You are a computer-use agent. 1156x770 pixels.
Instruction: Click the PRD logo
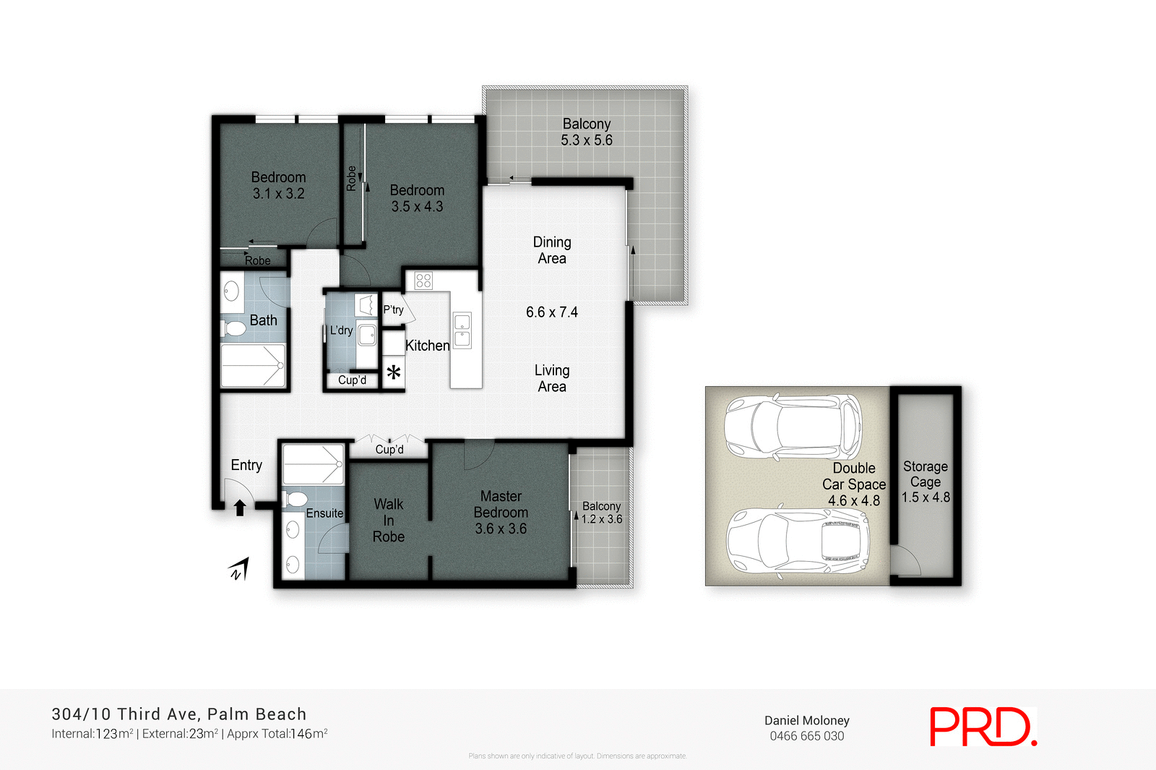(983, 727)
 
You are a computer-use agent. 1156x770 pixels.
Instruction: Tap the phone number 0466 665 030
(806, 736)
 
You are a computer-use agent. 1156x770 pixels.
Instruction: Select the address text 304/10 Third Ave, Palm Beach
(179, 714)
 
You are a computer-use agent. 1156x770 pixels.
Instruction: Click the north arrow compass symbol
(240, 570)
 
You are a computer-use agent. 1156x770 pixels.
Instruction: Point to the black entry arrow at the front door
(240, 508)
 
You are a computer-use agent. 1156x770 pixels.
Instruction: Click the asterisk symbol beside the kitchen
(394, 373)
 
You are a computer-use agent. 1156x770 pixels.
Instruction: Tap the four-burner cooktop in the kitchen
(424, 281)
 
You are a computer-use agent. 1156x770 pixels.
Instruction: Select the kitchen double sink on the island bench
(462, 330)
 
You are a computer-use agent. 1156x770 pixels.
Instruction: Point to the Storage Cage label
(926, 474)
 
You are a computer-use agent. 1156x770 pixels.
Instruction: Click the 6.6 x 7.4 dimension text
(552, 312)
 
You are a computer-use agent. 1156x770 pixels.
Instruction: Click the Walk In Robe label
(389, 521)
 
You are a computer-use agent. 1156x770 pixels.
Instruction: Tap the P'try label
(393, 310)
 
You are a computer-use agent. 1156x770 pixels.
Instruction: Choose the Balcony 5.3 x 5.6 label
(587, 132)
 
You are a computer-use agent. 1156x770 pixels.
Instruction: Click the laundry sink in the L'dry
(367, 335)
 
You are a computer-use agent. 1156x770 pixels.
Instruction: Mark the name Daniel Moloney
(806, 720)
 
